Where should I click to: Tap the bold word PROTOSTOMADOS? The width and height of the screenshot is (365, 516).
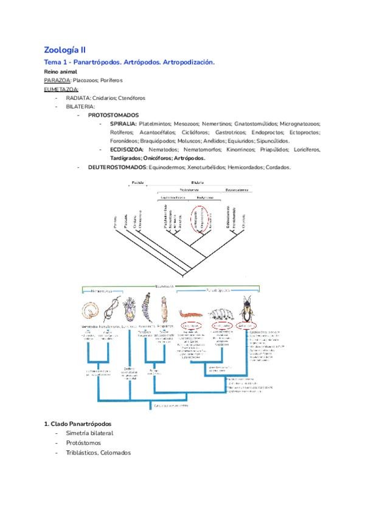click(x=113, y=115)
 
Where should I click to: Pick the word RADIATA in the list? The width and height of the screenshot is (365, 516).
click(x=78, y=97)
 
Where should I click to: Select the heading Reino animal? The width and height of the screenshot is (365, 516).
click(x=60, y=71)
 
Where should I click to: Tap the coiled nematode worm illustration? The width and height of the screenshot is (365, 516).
click(x=91, y=311)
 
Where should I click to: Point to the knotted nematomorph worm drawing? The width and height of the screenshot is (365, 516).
click(x=110, y=310)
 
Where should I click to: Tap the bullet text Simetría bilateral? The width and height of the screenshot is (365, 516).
click(x=90, y=433)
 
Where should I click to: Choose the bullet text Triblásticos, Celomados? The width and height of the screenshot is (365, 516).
click(x=99, y=453)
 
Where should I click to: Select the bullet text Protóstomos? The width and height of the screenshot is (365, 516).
click(x=83, y=443)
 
